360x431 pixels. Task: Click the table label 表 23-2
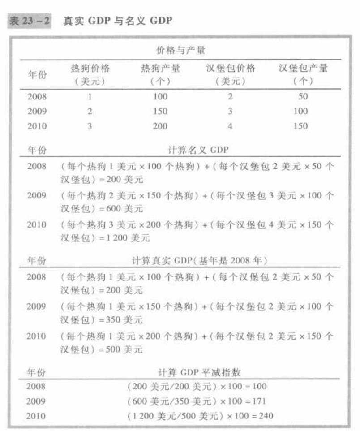(30, 21)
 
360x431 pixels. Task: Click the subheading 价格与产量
(180, 50)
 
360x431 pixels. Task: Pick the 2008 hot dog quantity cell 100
(160, 97)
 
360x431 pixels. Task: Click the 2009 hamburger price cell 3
(230, 111)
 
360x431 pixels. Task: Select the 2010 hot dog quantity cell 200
(160, 126)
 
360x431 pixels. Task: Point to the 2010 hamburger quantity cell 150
(300, 126)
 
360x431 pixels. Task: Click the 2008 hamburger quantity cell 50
(303, 97)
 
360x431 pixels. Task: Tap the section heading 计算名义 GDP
(192, 150)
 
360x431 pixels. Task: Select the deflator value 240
(266, 416)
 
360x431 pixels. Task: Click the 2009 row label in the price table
(36, 111)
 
